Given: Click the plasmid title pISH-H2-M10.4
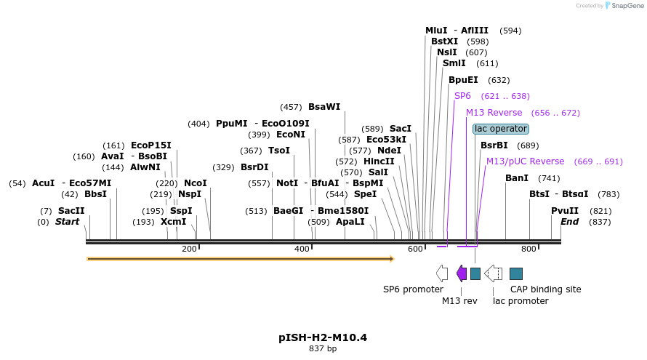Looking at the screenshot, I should click(x=323, y=337).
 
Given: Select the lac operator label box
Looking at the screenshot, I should click(x=500, y=129).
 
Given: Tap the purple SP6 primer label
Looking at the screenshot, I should click(x=462, y=96).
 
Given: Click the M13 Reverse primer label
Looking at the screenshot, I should click(x=494, y=113).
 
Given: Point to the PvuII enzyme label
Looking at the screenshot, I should click(x=565, y=211).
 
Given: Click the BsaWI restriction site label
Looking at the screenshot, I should click(x=324, y=107).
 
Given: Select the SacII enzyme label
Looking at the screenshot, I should click(x=71, y=211).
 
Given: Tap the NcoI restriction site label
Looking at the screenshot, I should click(x=195, y=183).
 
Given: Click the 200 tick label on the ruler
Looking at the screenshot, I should click(x=189, y=249).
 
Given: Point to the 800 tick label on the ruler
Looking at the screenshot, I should click(x=529, y=249).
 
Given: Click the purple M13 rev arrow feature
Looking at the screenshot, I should click(x=462, y=273).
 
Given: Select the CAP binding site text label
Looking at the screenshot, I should click(x=545, y=289).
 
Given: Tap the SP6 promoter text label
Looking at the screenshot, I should click(x=413, y=289).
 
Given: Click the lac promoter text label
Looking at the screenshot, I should click(x=521, y=301).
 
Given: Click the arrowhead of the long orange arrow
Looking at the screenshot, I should click(x=391, y=258).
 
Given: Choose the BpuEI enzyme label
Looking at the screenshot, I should click(x=463, y=80).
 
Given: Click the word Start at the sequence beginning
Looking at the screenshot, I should click(x=67, y=221).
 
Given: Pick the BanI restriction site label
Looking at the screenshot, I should click(x=517, y=178).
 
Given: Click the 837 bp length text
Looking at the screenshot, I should click(x=323, y=349).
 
